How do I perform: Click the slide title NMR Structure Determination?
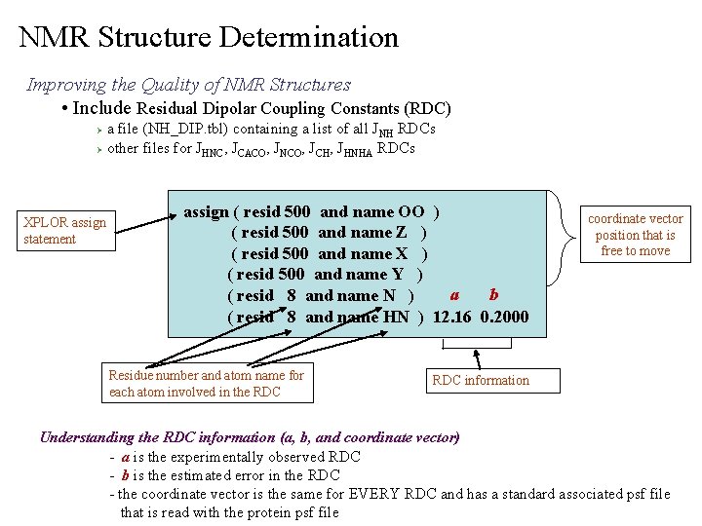pyautogui.click(x=209, y=38)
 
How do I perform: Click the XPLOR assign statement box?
pyautogui.click(x=65, y=231)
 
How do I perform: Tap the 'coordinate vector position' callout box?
pyautogui.click(x=635, y=235)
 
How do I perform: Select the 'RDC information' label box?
pyautogui.click(x=482, y=380)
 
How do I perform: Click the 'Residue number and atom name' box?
pyautogui.click(x=208, y=383)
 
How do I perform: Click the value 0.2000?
pyautogui.click(x=505, y=317)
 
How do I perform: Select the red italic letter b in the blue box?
pyautogui.click(x=494, y=294)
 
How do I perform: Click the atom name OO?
pyautogui.click(x=410, y=211)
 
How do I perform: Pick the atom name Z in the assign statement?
pyautogui.click(x=401, y=232)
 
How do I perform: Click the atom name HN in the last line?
pyautogui.click(x=396, y=317)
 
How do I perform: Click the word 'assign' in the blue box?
pyautogui.click(x=206, y=211)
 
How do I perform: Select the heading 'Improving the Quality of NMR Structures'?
pyautogui.click(x=188, y=85)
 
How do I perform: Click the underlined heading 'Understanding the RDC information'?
pyautogui.click(x=249, y=436)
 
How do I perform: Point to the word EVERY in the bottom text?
pyautogui.click(x=393, y=494)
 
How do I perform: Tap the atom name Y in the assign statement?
pyautogui.click(x=398, y=274)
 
